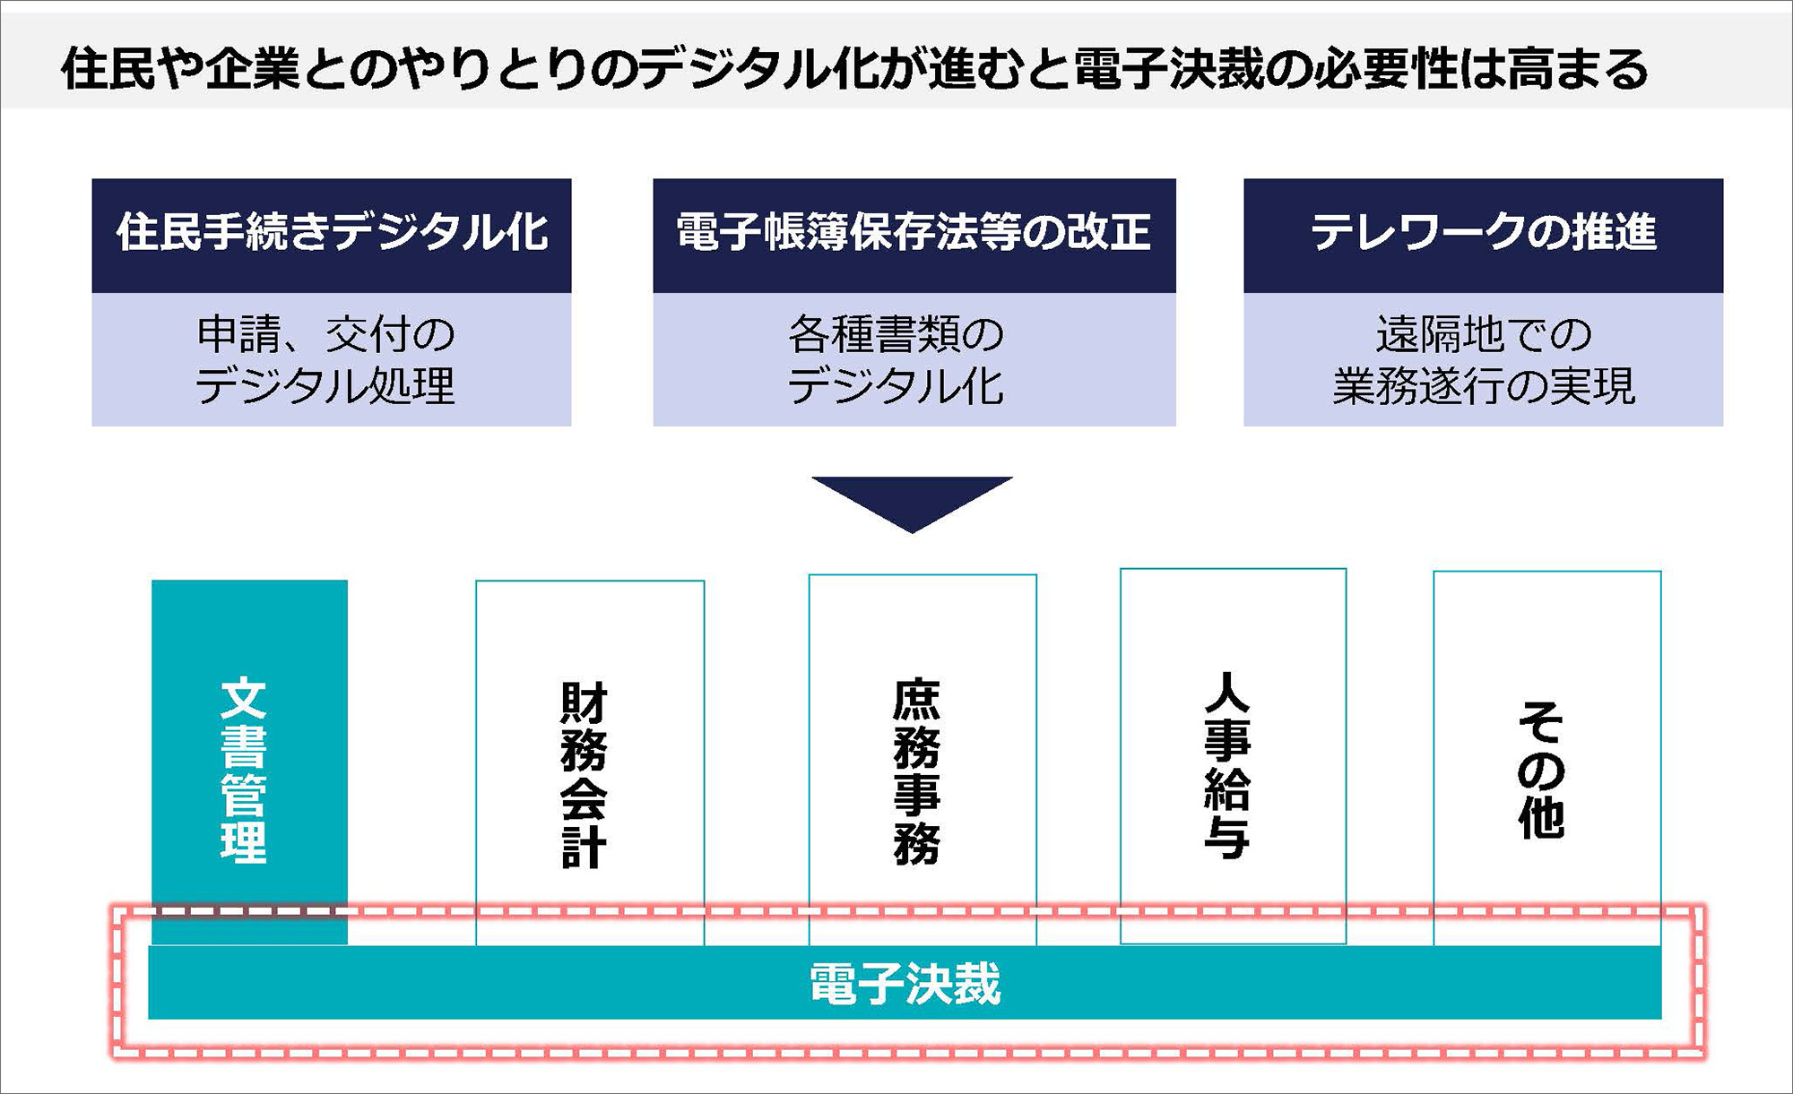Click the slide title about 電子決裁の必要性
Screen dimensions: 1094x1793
[x=853, y=69]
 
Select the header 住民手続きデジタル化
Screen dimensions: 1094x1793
[x=332, y=233]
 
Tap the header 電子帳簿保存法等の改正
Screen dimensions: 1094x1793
[x=914, y=233]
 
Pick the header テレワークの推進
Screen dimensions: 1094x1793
[x=1483, y=233]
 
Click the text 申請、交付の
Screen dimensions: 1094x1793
[x=326, y=334]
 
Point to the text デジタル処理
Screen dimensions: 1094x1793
[x=326, y=386]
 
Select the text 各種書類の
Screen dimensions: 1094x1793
[x=896, y=334]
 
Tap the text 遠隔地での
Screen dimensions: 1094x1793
[x=1484, y=334]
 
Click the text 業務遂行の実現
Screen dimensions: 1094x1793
[x=1484, y=386]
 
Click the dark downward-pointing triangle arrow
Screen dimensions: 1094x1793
[x=912, y=500]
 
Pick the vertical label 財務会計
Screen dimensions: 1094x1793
[x=585, y=775]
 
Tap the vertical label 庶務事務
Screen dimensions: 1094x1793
[x=917, y=772]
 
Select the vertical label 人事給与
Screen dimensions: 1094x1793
[x=1227, y=766]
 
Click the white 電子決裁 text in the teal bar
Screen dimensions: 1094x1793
[x=905, y=984]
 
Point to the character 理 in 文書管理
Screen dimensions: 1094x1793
[x=244, y=843]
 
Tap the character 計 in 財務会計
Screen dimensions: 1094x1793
[x=585, y=848]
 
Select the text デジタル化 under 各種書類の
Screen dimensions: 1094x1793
[x=896, y=386]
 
